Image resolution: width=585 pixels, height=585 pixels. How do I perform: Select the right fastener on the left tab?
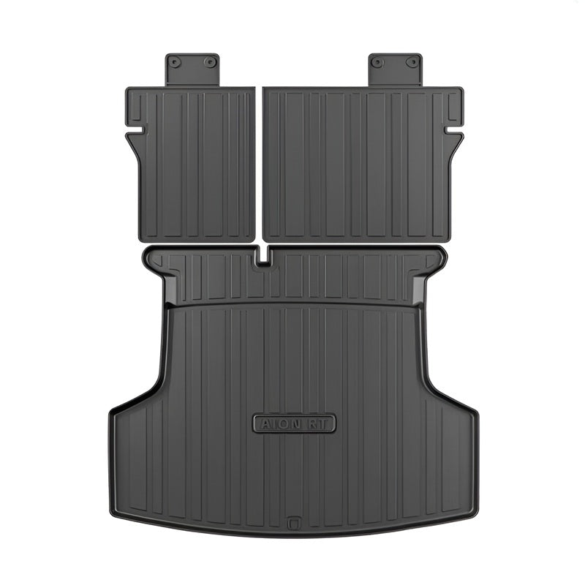pos(210,61)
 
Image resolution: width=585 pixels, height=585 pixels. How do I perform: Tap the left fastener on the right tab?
pos(378,61)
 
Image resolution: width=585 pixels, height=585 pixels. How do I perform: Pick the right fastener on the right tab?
pos(413,61)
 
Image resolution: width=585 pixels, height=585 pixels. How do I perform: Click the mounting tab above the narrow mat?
pos(192,69)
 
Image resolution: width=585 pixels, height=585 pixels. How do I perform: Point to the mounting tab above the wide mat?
pos(396,69)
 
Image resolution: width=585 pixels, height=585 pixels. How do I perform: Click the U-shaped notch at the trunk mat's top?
pos(263,257)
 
